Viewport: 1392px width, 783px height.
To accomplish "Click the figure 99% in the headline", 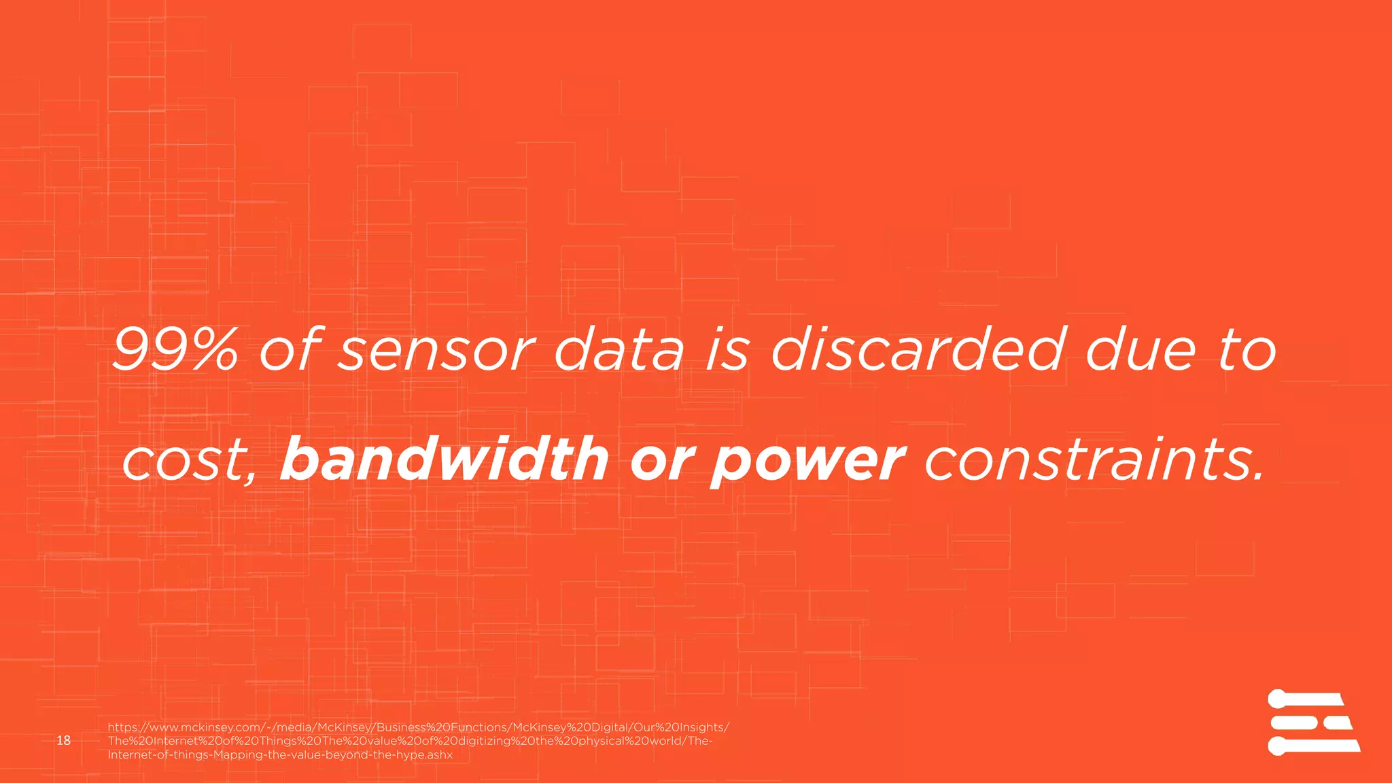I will coord(175,350).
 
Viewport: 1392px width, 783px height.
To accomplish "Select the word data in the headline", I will coord(619,350).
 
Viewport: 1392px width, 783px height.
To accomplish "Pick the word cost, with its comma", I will coord(190,462).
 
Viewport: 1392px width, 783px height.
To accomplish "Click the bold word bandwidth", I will coord(445,459).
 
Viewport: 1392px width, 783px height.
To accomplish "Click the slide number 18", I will coord(64,740).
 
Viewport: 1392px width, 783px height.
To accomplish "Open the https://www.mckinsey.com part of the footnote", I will coord(184,727).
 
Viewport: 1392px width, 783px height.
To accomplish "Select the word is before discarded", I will coord(728,350).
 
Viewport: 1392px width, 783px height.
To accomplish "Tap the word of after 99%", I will coord(289,350).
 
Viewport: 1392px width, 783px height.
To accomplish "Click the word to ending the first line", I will coord(1248,351).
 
